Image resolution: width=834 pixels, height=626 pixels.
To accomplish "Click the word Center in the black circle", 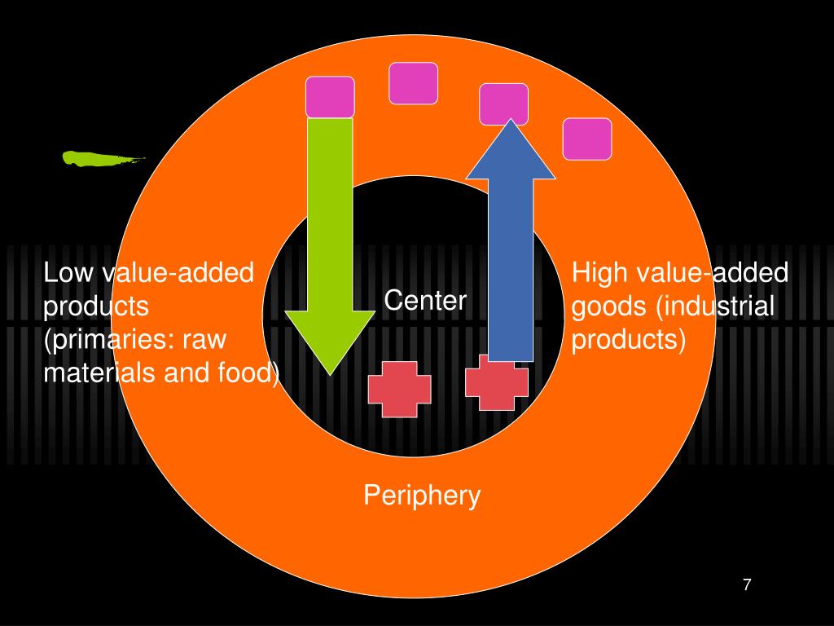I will (425, 301).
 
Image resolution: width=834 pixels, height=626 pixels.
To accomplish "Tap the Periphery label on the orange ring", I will (422, 495).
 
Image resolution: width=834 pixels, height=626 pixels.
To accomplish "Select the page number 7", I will (746, 584).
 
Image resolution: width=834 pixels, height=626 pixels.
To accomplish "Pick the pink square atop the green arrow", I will (330, 96).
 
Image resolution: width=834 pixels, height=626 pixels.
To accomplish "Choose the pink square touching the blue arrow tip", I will (503, 104).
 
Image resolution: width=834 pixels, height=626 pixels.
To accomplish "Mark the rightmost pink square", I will (587, 139).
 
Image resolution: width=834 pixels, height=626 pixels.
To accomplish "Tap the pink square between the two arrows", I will (413, 83).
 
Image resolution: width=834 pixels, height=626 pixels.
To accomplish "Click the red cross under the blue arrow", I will (497, 384).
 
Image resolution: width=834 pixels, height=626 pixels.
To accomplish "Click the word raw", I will (205, 340).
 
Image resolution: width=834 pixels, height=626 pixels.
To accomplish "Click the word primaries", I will (110, 340).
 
